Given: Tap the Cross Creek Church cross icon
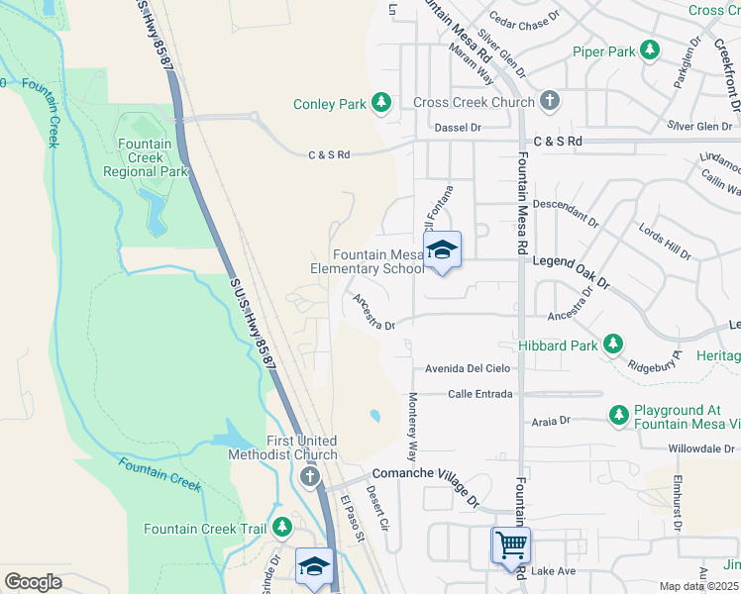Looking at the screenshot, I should tap(550, 102).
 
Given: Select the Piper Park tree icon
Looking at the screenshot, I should tap(650, 49).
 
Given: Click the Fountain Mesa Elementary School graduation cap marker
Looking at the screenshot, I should tap(443, 249).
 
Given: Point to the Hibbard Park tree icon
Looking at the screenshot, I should tap(613, 345).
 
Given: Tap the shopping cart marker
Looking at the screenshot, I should tap(511, 545).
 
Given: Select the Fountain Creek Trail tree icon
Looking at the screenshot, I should tap(282, 528).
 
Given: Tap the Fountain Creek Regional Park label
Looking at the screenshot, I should tap(146, 157).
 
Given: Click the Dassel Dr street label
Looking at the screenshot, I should tap(458, 128).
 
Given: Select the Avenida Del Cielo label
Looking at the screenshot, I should tap(468, 368).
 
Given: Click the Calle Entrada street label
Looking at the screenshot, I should tap(480, 394).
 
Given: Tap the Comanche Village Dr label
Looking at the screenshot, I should tap(426, 474).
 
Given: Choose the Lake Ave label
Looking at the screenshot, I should tap(553, 571).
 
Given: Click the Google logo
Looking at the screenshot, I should tap(33, 582).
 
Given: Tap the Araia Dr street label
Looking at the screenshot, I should tap(551, 420).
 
